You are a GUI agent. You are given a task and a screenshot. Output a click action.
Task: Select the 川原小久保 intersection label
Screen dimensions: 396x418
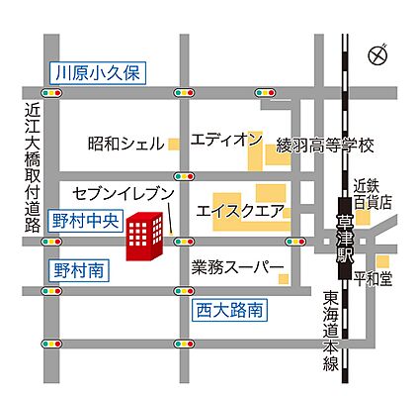coord(99,72)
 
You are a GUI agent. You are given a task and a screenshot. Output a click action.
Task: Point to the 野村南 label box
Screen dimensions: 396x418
coord(74,269)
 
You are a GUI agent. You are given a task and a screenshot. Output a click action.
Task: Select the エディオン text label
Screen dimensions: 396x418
coord(226,137)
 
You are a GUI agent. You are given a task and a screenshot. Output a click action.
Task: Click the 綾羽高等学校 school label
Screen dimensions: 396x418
coord(326,146)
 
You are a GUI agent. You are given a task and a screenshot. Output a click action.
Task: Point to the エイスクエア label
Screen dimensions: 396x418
coord(240,210)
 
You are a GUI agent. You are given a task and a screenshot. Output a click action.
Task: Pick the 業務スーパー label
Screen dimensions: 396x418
coord(238,267)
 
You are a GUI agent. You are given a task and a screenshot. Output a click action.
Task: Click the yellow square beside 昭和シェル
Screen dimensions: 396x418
coord(174,144)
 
